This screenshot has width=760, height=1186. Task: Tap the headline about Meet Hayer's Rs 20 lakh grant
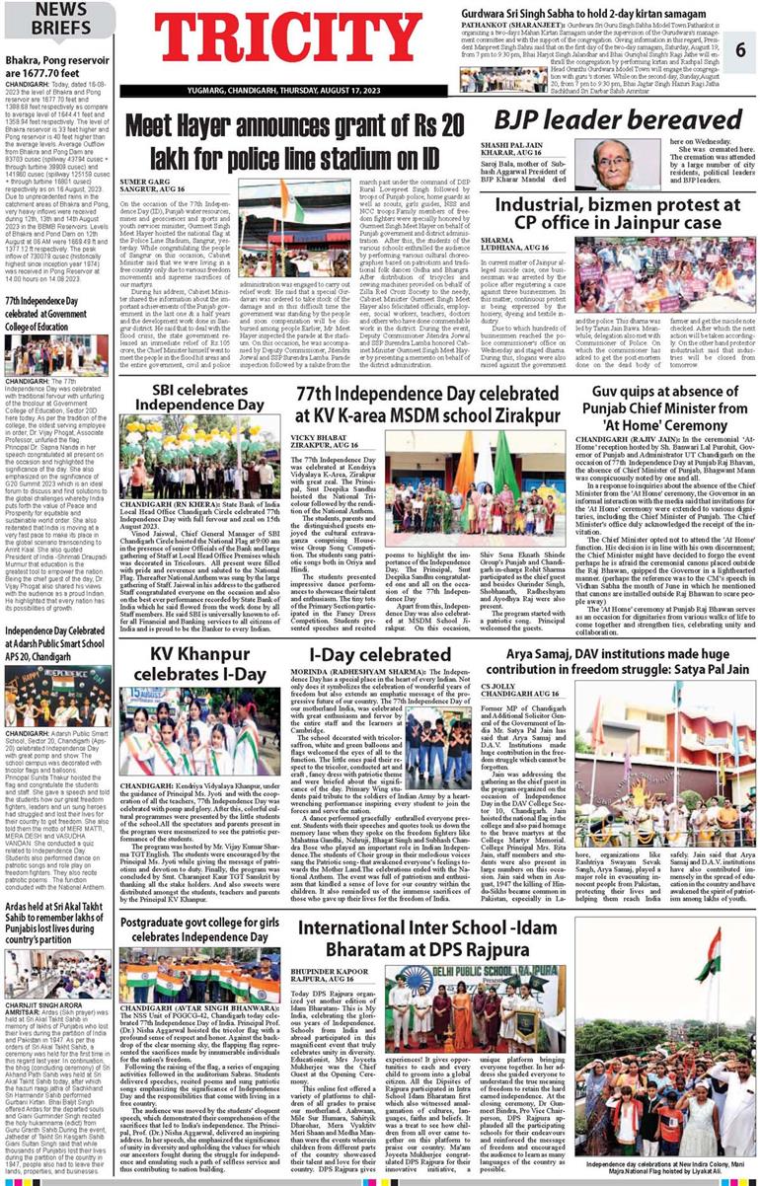pyautogui.click(x=296, y=137)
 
